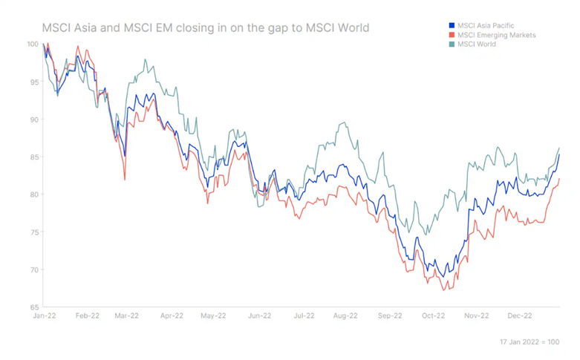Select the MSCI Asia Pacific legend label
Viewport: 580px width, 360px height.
click(486, 26)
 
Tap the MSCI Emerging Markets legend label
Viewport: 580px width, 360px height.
click(496, 35)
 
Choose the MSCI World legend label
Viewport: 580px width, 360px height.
click(477, 45)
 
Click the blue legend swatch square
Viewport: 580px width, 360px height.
click(452, 26)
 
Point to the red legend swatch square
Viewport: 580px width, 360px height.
click(452, 35)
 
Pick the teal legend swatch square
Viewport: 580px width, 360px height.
click(452, 45)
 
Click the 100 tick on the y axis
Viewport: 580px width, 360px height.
click(32, 45)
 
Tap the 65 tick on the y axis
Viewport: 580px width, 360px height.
click(34, 307)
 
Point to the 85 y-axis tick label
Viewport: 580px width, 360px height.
click(34, 157)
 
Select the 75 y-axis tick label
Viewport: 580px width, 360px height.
click(34, 232)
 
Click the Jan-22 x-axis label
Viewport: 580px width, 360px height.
click(44, 315)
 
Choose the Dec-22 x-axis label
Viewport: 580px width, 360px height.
click(519, 315)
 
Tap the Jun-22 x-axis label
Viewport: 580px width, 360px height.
click(258, 315)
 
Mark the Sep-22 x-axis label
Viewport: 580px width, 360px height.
click(389, 315)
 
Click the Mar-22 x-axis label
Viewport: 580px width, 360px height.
click(126, 315)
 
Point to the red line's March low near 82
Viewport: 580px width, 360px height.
click(124, 179)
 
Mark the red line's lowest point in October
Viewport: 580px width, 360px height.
click(443, 289)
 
